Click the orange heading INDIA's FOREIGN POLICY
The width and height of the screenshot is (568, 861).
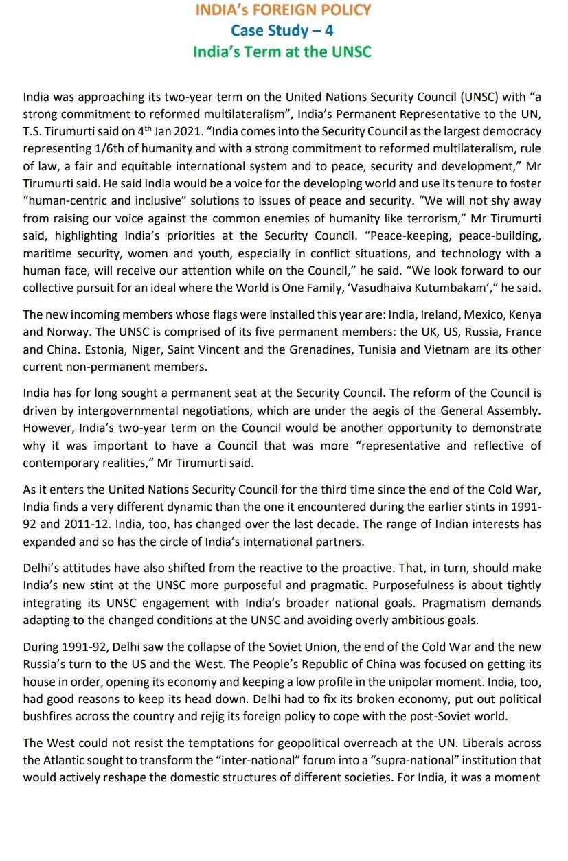(x=283, y=10)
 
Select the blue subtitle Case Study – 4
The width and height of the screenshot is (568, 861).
(x=282, y=30)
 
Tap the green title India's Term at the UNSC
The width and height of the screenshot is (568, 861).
(x=282, y=51)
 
